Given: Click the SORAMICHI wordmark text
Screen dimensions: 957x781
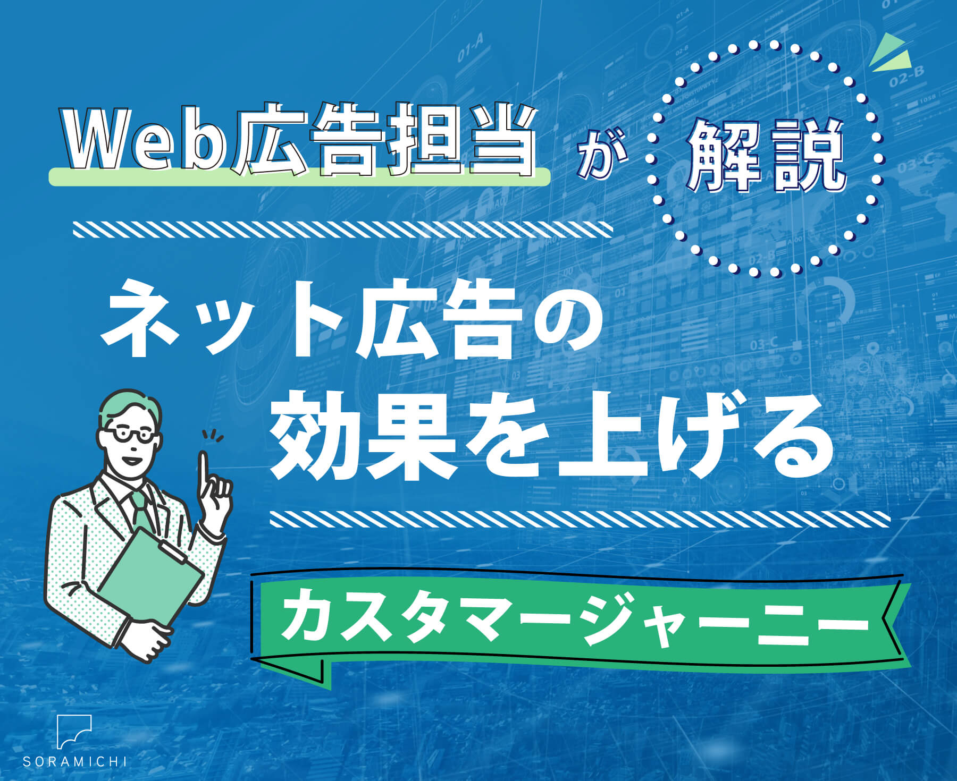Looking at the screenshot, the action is click(x=74, y=761).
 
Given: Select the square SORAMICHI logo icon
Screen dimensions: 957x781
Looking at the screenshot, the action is click(x=74, y=732).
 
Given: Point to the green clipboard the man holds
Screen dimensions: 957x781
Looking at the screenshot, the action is click(x=152, y=576).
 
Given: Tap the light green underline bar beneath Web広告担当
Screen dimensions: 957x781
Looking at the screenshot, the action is click(x=299, y=176).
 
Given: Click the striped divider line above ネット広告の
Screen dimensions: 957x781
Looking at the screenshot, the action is click(x=343, y=230).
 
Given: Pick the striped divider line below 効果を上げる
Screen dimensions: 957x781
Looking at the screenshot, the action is click(x=580, y=519).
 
